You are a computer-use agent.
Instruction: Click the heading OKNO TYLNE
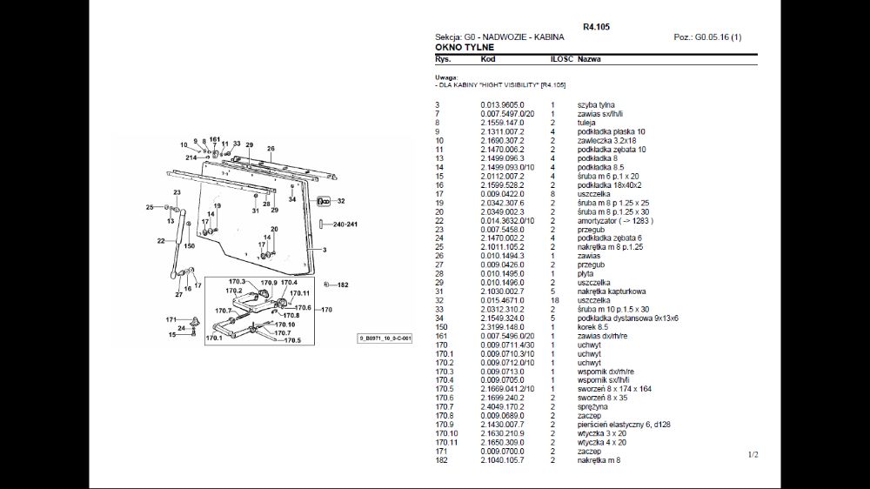[465, 47]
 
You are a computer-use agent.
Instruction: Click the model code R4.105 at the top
[596, 27]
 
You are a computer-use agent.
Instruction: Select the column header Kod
[488, 59]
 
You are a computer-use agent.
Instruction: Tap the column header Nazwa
[589, 59]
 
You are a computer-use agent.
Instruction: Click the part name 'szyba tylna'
[596, 105]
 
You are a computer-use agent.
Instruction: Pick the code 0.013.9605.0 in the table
[503, 105]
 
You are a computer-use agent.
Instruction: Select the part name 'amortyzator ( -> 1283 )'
[615, 221]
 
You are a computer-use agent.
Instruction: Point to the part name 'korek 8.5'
[594, 327]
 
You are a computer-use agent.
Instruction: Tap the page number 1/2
[753, 454]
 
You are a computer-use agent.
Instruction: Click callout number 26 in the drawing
[271, 149]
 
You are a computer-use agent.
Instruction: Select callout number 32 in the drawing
[341, 201]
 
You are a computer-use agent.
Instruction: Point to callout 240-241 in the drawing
[345, 224]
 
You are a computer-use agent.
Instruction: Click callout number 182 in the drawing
[343, 285]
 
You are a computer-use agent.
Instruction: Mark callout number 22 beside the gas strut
[161, 240]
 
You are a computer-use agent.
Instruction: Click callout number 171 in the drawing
[171, 320]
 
